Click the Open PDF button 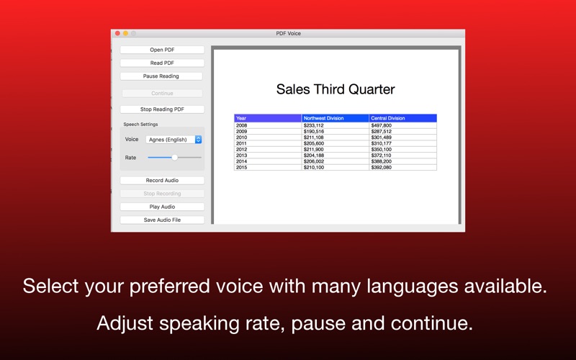[162, 50]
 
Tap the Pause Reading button [161, 76]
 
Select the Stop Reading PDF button [162, 109]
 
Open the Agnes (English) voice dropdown [174, 140]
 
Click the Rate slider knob [174, 157]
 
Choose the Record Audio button [162, 181]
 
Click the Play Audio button [162, 207]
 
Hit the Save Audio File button [162, 220]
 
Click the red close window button [117, 33]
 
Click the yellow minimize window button [125, 33]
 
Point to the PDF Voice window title [289, 33]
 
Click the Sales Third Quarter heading [336, 90]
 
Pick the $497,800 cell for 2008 [382, 125]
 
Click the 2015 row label [242, 167]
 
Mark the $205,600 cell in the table [314, 143]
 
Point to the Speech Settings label [140, 125]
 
